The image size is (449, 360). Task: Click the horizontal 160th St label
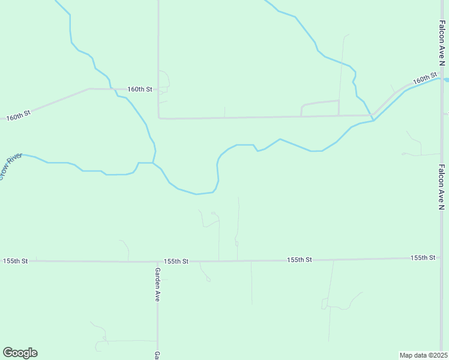[139, 89]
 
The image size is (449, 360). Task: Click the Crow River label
[11, 166]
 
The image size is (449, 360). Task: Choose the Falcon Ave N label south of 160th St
[441, 187]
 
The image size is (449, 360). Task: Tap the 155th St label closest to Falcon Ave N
[423, 257]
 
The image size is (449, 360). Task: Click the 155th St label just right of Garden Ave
[176, 262]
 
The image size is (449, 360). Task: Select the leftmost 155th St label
[16, 261]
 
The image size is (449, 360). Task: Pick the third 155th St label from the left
[299, 260]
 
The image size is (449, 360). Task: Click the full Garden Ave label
[157, 284]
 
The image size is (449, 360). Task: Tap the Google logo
[20, 353]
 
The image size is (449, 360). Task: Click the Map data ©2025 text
[423, 355]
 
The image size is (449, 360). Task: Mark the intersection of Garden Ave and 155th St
[157, 262]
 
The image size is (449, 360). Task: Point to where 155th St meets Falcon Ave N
[441, 258]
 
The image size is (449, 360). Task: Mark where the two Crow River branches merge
[154, 162]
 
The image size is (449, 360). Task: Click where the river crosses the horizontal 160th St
[114, 89]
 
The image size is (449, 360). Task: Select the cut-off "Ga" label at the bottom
[157, 355]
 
